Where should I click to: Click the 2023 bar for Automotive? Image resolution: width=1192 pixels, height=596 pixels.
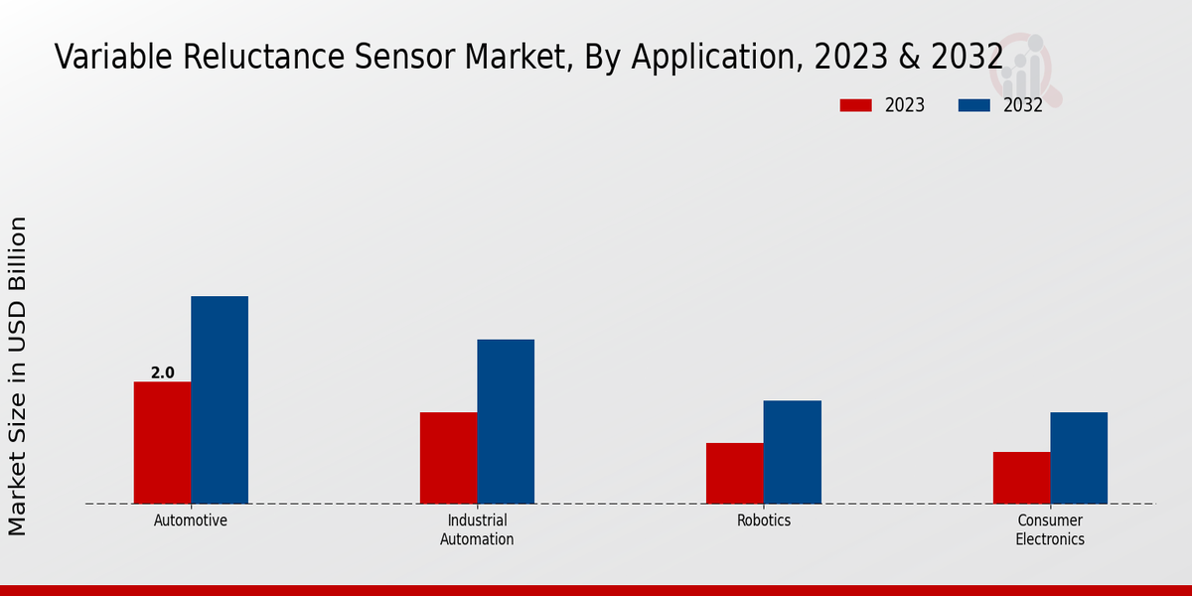(x=162, y=442)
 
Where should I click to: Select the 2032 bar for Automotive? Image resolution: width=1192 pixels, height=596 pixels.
(x=220, y=399)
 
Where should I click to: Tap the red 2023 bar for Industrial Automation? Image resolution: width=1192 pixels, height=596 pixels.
(x=448, y=458)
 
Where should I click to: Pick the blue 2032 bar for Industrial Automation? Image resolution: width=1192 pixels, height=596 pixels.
(x=506, y=421)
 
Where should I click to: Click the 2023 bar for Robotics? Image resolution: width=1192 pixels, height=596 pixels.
(x=735, y=473)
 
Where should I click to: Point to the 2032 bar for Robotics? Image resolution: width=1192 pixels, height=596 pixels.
(x=792, y=452)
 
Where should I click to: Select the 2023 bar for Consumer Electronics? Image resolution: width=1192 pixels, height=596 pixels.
(x=1021, y=478)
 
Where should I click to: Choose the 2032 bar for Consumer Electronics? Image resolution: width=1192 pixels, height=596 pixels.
(x=1079, y=458)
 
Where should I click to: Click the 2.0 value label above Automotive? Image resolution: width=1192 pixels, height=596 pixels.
(x=162, y=373)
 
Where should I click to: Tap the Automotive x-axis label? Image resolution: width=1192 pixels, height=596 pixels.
(x=191, y=521)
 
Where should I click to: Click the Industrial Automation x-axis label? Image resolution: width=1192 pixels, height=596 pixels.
(x=477, y=529)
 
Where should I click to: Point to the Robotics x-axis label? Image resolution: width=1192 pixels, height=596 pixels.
(x=764, y=521)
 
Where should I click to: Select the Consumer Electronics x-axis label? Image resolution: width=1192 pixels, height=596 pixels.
(x=1050, y=529)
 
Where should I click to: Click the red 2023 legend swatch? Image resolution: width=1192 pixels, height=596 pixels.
(x=855, y=105)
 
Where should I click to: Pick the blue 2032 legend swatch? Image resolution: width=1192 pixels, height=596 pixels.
(x=974, y=105)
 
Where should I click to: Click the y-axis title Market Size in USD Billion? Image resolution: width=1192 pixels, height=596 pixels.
(x=19, y=375)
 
